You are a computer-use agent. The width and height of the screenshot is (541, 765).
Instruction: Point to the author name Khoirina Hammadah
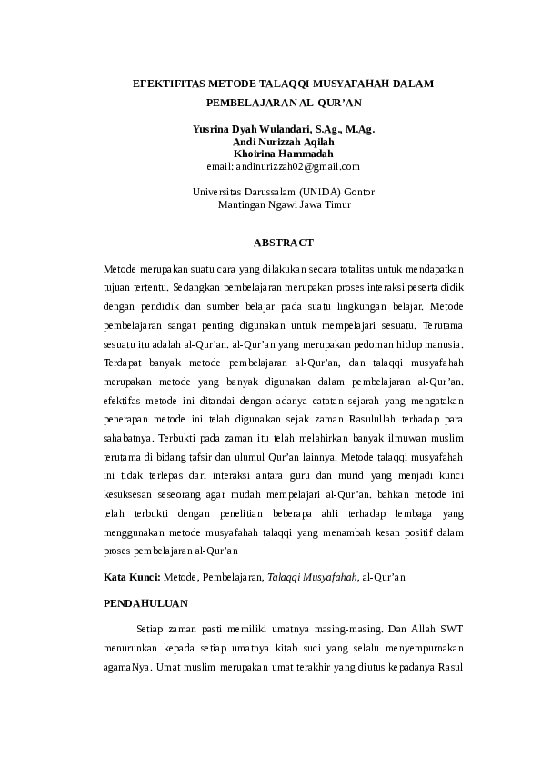pyautogui.click(x=284, y=154)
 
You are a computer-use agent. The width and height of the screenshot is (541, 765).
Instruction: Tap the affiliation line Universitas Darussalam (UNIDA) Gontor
pyautogui.click(x=284, y=193)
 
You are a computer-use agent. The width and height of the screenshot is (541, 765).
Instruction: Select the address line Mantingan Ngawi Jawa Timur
pyautogui.click(x=284, y=205)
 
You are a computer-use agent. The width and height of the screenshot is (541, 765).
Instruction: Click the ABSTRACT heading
pyautogui.click(x=284, y=243)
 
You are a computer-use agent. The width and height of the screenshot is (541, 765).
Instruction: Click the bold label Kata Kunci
pyautogui.click(x=132, y=576)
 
